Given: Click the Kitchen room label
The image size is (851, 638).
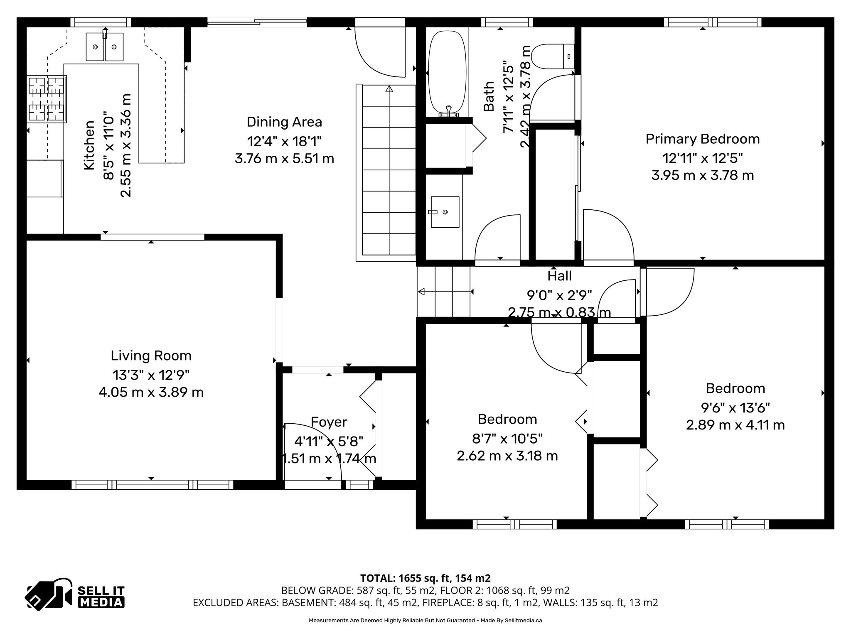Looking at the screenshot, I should [x=89, y=145].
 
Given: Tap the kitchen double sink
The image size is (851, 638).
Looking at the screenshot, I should [x=105, y=47].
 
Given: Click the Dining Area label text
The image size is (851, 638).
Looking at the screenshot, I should [x=284, y=122].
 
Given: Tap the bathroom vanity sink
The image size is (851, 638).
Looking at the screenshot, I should [x=445, y=212].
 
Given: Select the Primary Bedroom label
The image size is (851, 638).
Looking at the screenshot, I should [x=702, y=139].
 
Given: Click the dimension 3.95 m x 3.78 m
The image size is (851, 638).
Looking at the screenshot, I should [x=702, y=175].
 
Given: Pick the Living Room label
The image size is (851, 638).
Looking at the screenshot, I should [x=151, y=356].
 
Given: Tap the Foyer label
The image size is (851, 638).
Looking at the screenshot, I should [x=329, y=422].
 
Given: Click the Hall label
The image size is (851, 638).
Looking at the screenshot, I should [x=559, y=276].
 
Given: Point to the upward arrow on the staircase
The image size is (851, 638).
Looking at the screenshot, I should [x=389, y=89].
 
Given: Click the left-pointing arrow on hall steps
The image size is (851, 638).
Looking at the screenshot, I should [x=422, y=292].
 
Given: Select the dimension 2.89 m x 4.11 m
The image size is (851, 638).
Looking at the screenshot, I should [x=735, y=425].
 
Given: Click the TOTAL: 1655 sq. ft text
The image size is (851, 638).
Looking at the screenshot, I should [x=425, y=578].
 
